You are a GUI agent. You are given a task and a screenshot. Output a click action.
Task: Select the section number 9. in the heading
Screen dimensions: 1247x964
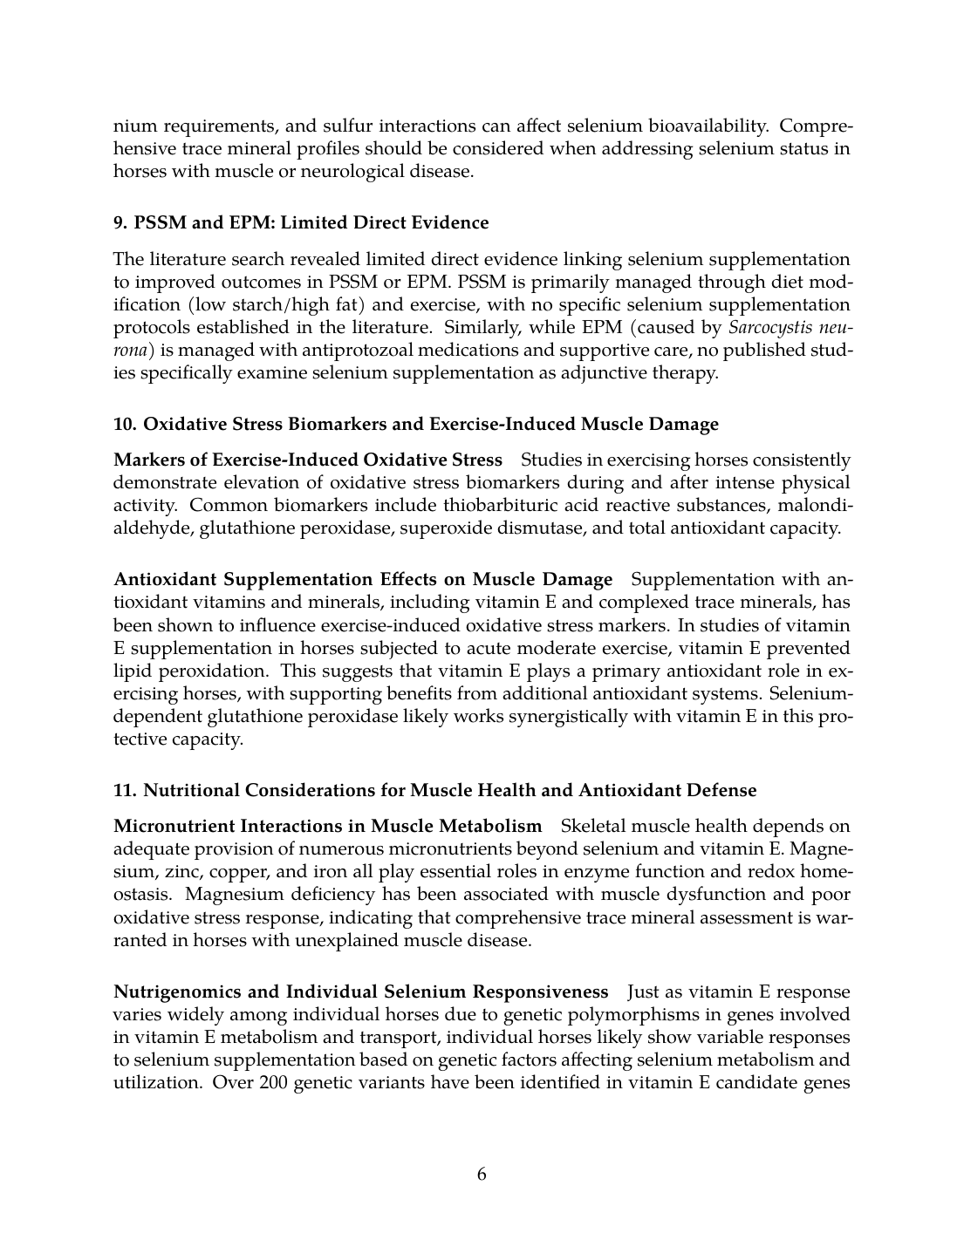pos(120,222)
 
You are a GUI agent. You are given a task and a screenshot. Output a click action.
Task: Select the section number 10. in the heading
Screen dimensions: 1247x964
pos(125,425)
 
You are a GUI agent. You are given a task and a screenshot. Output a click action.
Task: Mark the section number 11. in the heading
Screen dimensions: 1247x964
pos(125,791)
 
